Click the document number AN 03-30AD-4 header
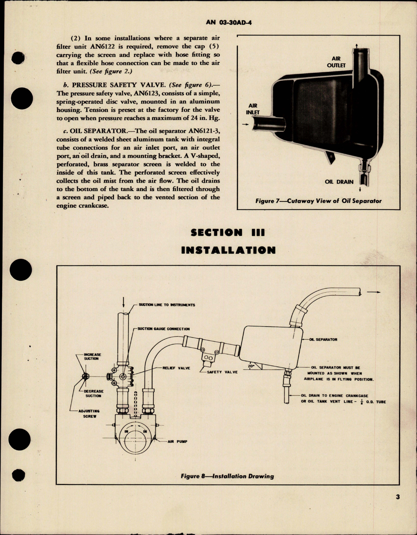coord(230,22)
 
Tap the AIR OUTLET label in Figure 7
coord(336,62)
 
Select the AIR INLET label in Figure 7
coord(253,109)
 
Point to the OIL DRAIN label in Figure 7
coord(339,182)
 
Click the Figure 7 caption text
coord(318,201)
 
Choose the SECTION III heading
coord(228,233)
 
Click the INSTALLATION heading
coord(228,250)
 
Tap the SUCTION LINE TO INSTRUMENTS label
coord(167,305)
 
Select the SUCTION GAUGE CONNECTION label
coord(164,329)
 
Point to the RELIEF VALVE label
coord(176,368)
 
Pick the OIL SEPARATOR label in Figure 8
coord(323,340)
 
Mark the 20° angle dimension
coord(251,366)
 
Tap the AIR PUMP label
coord(177,441)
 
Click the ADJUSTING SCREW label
coord(89,413)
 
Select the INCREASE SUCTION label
coord(92,357)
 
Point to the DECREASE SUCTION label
coord(93,393)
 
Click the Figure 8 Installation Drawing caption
coord(227,476)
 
